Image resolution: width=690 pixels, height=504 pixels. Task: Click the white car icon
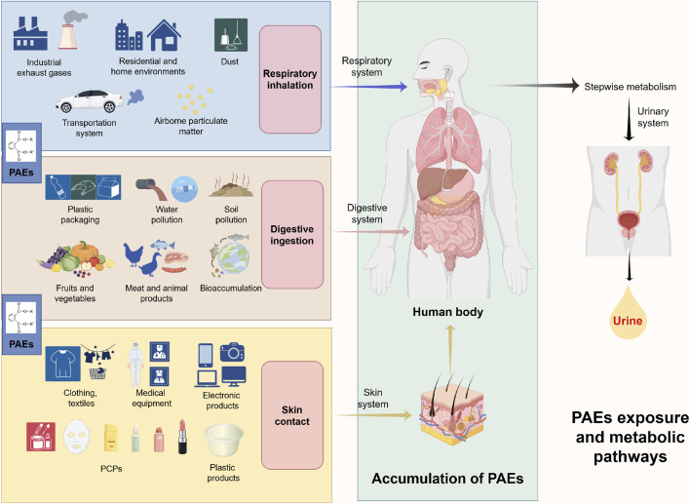[x=90, y=101]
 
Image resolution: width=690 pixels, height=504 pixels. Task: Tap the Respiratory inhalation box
[x=290, y=79]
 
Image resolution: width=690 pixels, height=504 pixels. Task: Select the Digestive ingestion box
[x=292, y=235]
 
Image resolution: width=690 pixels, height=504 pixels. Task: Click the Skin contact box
[x=292, y=415]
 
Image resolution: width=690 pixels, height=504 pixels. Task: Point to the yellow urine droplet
[x=628, y=313]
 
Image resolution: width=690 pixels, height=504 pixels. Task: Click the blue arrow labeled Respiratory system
[x=369, y=87]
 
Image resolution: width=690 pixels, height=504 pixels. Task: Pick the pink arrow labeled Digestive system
[x=371, y=232]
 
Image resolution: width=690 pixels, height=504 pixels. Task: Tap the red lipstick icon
[x=182, y=437]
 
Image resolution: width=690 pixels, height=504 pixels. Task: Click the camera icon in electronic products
[x=232, y=352]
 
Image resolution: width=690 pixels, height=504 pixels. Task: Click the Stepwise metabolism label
[x=631, y=87]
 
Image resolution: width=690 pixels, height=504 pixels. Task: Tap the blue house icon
[x=164, y=35]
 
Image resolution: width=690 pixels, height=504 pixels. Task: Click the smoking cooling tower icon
[x=70, y=30]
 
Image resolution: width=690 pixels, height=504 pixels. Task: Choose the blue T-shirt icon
[x=63, y=364]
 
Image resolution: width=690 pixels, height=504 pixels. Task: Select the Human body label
[x=448, y=312]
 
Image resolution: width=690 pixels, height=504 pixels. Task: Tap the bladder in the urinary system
[x=629, y=220]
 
